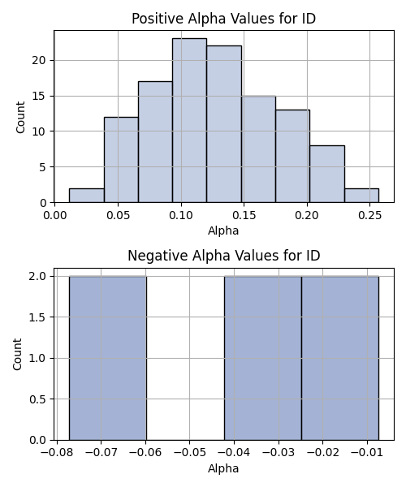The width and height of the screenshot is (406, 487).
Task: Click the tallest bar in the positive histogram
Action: pyautogui.click(x=189, y=120)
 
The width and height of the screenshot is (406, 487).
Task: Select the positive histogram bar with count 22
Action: pyautogui.click(x=224, y=124)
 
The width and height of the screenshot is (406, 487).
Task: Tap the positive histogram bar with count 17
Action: pyautogui.click(x=155, y=142)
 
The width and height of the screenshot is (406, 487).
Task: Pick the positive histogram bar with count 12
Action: pyautogui.click(x=121, y=160)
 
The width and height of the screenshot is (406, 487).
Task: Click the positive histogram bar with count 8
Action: pyautogui.click(x=327, y=174)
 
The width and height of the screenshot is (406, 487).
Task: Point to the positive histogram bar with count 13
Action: pyautogui.click(x=293, y=156)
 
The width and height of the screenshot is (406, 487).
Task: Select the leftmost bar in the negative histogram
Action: pyautogui.click(x=108, y=358)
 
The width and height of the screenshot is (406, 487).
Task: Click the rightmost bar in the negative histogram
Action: pyautogui.click(x=340, y=358)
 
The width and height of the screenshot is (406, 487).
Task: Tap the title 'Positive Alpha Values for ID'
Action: pyautogui.click(x=223, y=19)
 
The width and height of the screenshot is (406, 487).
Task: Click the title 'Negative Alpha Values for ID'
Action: pyautogui.click(x=223, y=256)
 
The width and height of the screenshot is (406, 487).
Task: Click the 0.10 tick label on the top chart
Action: pyautogui.click(x=181, y=214)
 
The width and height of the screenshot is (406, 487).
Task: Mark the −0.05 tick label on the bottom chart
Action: pyautogui.click(x=190, y=452)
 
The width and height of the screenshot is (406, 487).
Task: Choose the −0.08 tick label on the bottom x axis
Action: pyautogui.click(x=57, y=452)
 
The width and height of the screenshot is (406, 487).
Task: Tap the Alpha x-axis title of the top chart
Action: pyautogui.click(x=223, y=231)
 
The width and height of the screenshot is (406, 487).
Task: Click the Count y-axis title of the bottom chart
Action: pyautogui.click(x=17, y=355)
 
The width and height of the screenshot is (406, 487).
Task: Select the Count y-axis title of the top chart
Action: pyautogui.click(x=20, y=117)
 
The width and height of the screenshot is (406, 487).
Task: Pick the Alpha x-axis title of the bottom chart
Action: pyautogui.click(x=223, y=468)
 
